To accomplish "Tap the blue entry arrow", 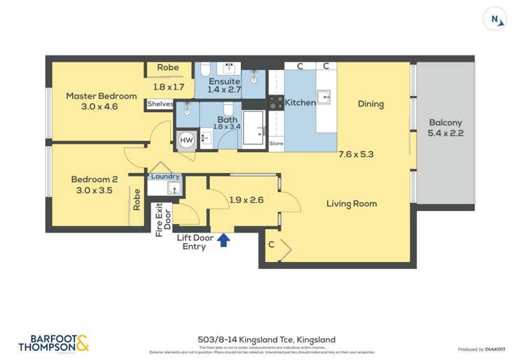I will click(224, 240).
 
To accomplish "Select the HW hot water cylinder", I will click(186, 140).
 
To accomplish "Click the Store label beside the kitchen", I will click(276, 144).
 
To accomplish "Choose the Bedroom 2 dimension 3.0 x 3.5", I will click(93, 190).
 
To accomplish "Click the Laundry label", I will click(165, 176).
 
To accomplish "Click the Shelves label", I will click(160, 104).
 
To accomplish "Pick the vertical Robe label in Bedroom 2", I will click(136, 200).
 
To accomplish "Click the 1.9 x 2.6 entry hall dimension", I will click(246, 200).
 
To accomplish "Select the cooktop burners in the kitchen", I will click(276, 102).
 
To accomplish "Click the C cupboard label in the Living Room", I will click(271, 244).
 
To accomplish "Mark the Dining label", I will click(370, 104).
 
